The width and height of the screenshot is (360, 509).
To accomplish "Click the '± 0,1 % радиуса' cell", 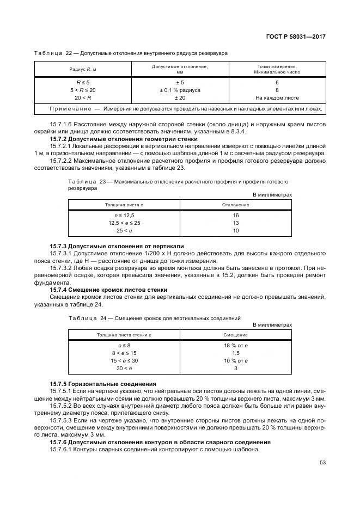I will tap(179, 90).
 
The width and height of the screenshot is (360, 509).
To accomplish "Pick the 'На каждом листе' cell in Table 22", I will tap(277, 97).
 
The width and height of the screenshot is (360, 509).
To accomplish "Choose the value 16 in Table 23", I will tap(235, 216).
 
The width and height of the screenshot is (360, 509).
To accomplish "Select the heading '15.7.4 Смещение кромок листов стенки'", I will tap(108, 289).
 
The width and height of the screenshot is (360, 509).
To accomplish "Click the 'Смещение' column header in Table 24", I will tap(235, 335).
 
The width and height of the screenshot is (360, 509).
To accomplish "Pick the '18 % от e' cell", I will tap(235, 346).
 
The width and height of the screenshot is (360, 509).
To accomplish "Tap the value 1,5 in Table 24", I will tap(235, 353).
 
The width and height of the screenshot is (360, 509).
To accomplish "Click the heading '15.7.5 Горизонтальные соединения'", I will tap(103, 384).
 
